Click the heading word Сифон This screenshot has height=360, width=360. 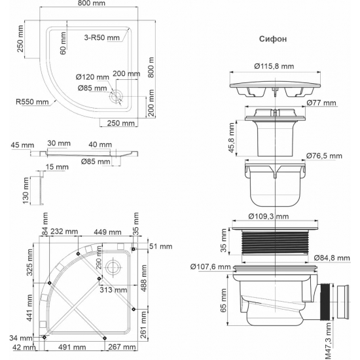click(x=271, y=39)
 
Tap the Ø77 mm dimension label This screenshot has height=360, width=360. click(x=321, y=103)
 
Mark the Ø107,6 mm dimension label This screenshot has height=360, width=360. click(x=211, y=266)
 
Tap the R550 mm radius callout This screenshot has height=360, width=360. click(x=33, y=101)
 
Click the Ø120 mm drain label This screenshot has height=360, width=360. click(x=92, y=77)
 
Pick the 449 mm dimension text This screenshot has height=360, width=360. click(x=110, y=231)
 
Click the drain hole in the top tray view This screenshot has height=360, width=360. click(x=117, y=96)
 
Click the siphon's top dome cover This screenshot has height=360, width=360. click(x=273, y=84)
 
